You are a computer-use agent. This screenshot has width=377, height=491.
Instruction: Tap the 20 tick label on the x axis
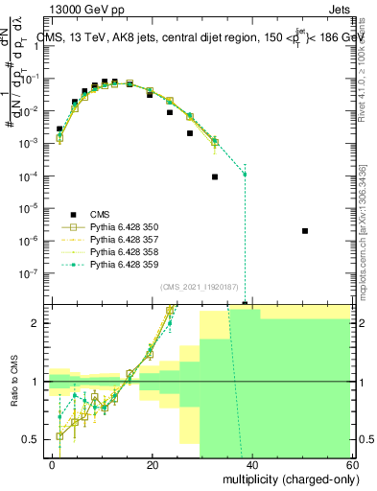click(x=153, y=464)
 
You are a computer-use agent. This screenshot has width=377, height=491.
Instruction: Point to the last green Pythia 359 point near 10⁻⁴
click(x=246, y=174)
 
